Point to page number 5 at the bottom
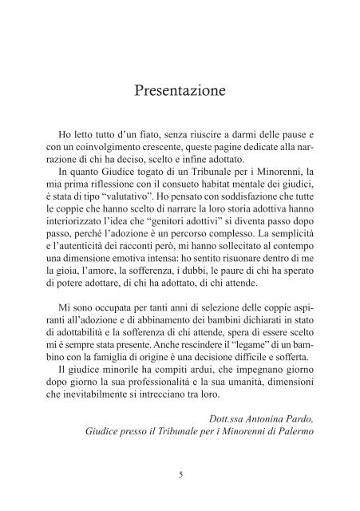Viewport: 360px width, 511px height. [180, 475]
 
